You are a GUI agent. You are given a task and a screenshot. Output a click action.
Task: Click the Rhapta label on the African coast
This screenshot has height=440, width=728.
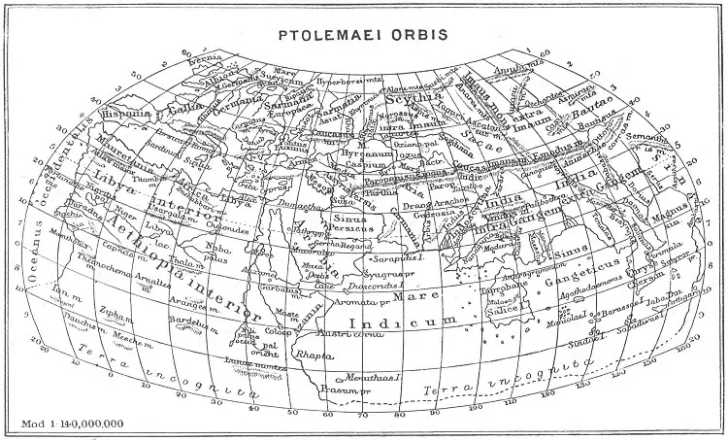[x=315, y=355]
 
